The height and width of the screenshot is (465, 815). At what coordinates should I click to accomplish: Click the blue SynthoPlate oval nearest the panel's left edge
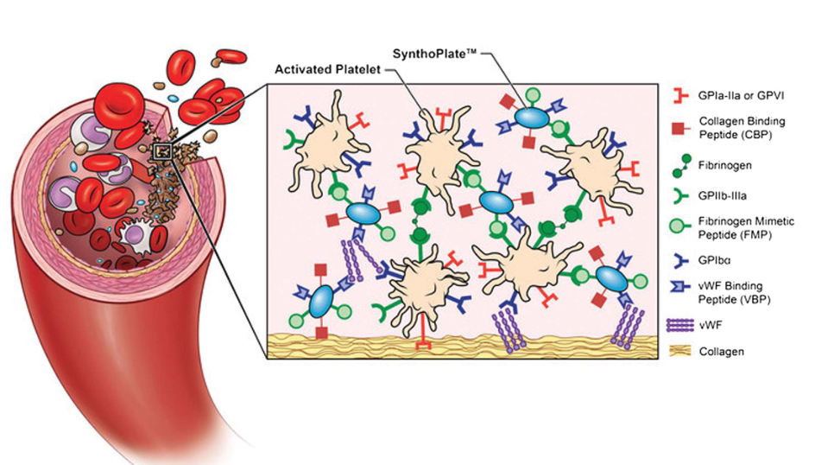[x=320, y=298]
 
